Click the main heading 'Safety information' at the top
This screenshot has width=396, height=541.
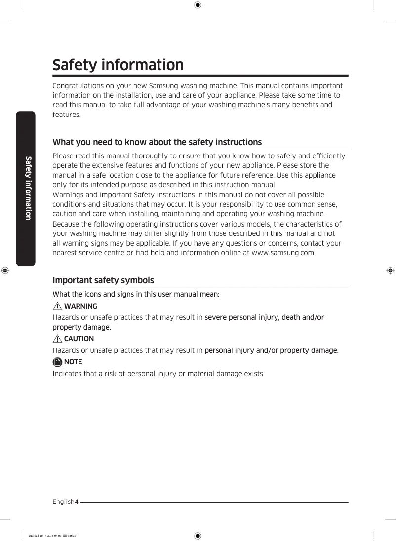coord(118,65)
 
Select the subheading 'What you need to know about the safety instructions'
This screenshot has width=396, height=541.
coord(157,142)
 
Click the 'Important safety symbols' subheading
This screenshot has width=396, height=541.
coord(103,280)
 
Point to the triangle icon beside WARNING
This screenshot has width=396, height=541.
coord(58,306)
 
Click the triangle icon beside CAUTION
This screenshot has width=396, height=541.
coord(58,339)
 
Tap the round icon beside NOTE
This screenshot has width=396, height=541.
coord(58,362)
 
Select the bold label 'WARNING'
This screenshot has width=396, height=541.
coord(80,306)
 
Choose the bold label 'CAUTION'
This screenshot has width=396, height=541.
coord(79,339)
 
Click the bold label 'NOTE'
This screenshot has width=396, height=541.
coord(73,362)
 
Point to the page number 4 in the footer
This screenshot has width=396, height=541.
coord(76,502)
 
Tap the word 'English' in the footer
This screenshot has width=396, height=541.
coord(63,502)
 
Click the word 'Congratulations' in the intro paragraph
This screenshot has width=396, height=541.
coord(78,86)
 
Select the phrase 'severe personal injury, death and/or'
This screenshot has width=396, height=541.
coord(264,317)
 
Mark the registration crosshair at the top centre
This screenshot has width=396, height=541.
coord(198,5)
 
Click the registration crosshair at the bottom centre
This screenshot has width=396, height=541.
coord(198,536)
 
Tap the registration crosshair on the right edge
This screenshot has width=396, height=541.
coord(390,270)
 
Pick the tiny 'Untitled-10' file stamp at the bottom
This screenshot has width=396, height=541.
coord(36,536)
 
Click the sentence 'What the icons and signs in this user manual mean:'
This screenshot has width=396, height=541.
coord(136,294)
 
